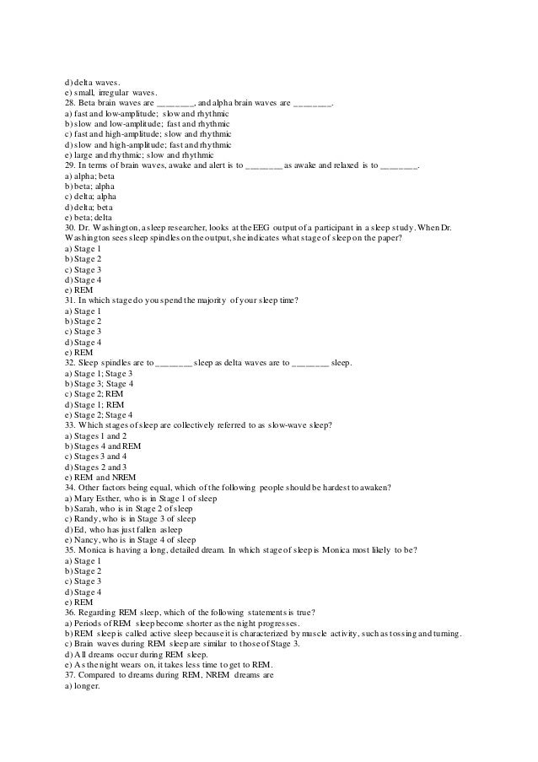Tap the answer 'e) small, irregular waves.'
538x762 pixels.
point(109,91)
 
